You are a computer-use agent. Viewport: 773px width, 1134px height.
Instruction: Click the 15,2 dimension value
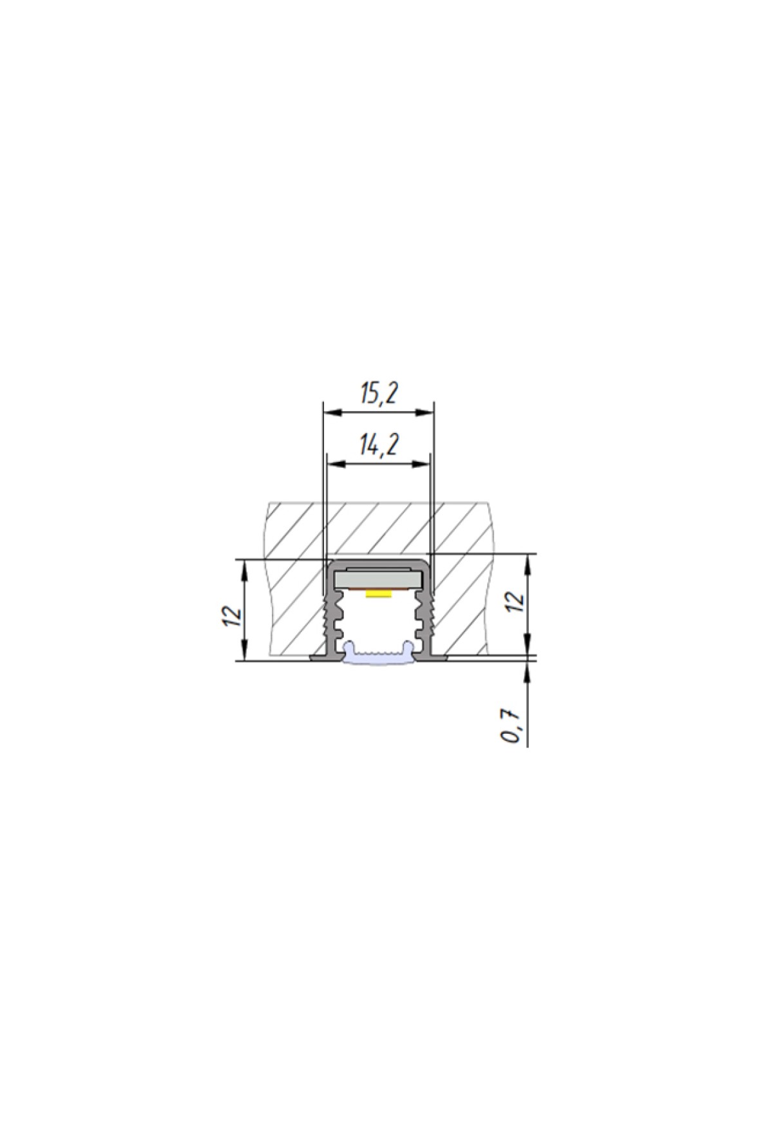pyautogui.click(x=379, y=393)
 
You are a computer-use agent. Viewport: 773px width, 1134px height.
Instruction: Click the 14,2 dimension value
pyautogui.click(x=379, y=444)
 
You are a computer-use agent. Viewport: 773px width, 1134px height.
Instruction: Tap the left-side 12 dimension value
pyautogui.click(x=233, y=616)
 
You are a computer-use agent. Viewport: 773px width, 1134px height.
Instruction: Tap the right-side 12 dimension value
pyautogui.click(x=517, y=601)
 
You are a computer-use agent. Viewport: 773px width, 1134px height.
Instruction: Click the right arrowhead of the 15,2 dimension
pyautogui.click(x=426, y=413)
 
